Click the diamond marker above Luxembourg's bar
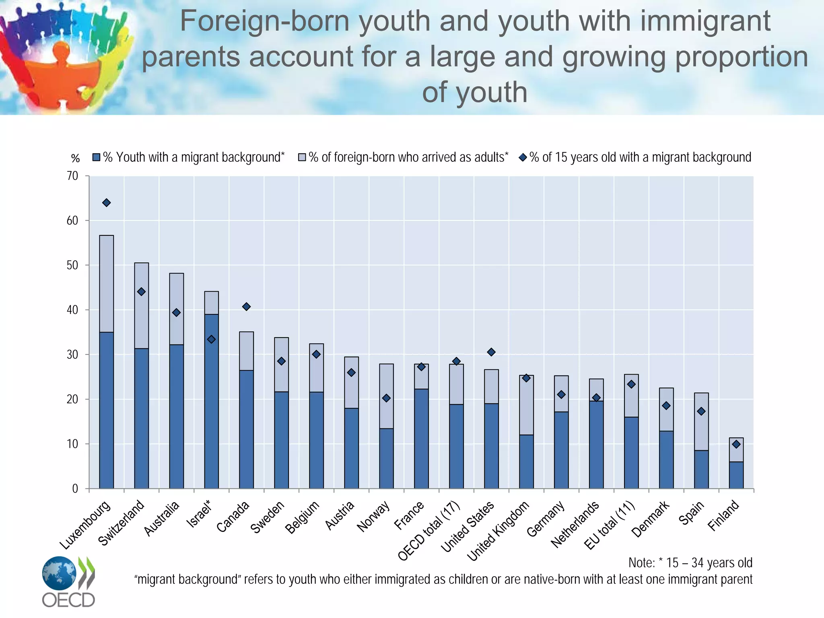tap(106, 203)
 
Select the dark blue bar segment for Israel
tap(211, 402)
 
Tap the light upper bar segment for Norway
tap(386, 386)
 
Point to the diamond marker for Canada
tap(246, 307)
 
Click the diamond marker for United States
tap(491, 352)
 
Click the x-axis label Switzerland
tap(122, 523)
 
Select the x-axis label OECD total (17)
tap(429, 531)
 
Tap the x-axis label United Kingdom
tap(499, 531)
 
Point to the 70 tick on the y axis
tap(73, 176)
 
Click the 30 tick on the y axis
tap(73, 354)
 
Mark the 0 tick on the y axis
tap(75, 488)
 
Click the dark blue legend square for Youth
tap(96, 157)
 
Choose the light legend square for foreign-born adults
tap(302, 157)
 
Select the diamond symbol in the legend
tap(523, 157)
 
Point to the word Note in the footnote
tap(641, 562)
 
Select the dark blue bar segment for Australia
tap(176, 416)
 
